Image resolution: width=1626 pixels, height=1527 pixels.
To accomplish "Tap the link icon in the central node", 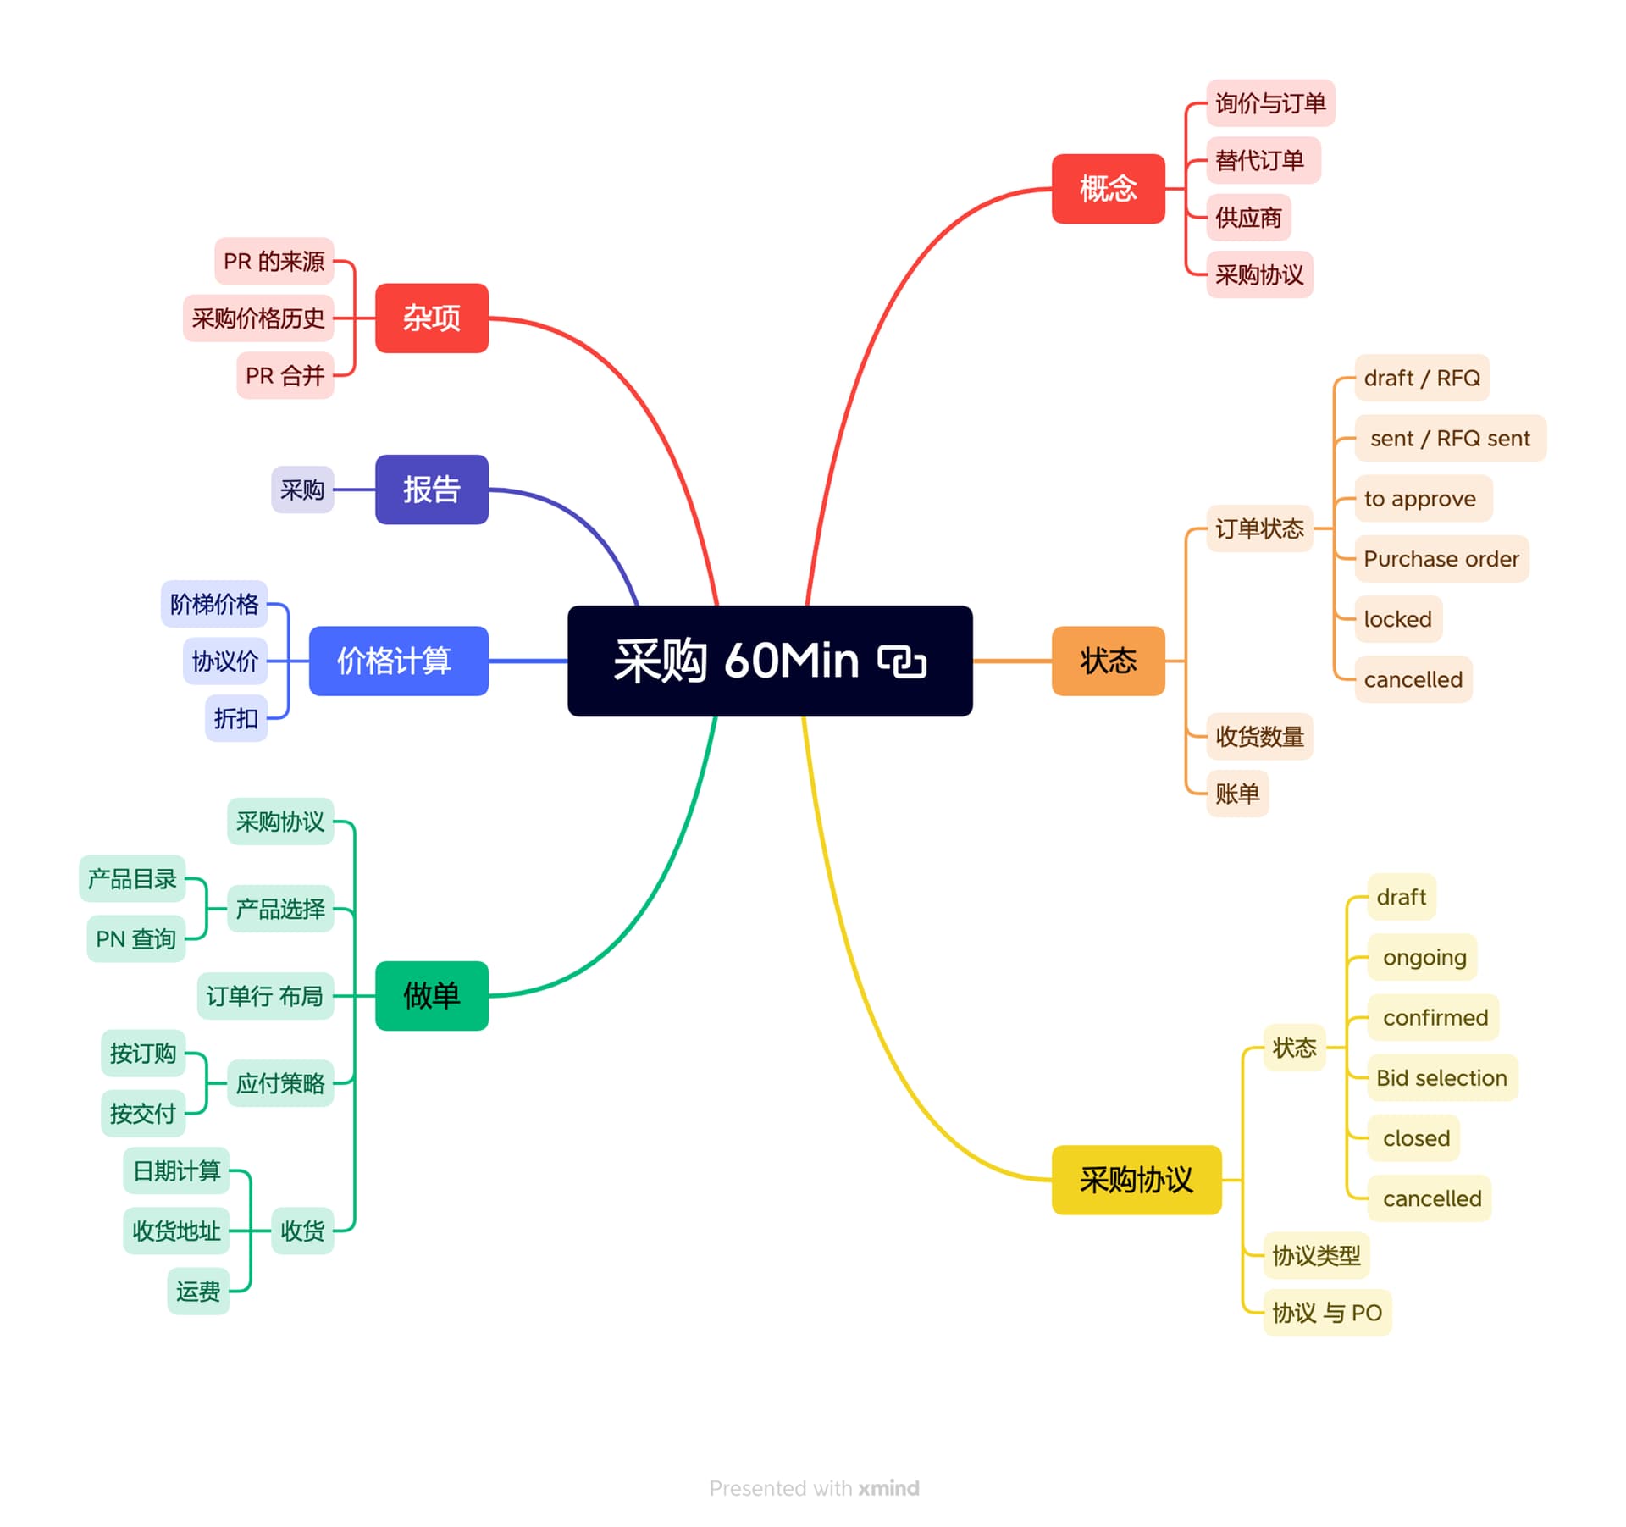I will [x=902, y=661].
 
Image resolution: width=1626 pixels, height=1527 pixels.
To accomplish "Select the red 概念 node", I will [x=1108, y=188].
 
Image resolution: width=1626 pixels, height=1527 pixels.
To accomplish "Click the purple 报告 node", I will [x=431, y=490].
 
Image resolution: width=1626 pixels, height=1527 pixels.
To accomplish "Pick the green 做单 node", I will [x=431, y=995].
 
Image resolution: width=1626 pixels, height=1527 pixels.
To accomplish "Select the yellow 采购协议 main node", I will [x=1136, y=1180].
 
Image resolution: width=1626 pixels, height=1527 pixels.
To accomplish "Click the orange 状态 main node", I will [x=1108, y=661].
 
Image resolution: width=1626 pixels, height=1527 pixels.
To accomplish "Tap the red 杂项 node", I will [x=431, y=318].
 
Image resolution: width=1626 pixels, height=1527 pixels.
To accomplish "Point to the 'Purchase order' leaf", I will [x=1441, y=559].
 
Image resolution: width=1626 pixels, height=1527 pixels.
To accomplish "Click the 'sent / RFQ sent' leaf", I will [x=1450, y=438].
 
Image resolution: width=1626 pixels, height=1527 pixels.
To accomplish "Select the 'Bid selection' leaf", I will [x=1441, y=1077].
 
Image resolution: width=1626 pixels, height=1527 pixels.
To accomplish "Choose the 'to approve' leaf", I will [x=1420, y=499].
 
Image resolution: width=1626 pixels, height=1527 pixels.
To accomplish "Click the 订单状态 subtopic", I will [x=1259, y=528].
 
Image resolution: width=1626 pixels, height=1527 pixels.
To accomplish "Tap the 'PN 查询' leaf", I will [x=135, y=938].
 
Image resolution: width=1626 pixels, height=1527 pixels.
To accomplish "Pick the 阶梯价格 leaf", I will [x=214, y=604].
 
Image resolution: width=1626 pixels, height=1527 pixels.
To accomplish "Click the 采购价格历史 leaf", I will [x=258, y=318].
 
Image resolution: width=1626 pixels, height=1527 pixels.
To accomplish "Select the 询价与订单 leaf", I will [x=1270, y=103].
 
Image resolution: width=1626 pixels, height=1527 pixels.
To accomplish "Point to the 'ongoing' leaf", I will [x=1424, y=957].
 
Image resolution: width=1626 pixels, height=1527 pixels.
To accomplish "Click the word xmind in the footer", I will [x=888, y=1488].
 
